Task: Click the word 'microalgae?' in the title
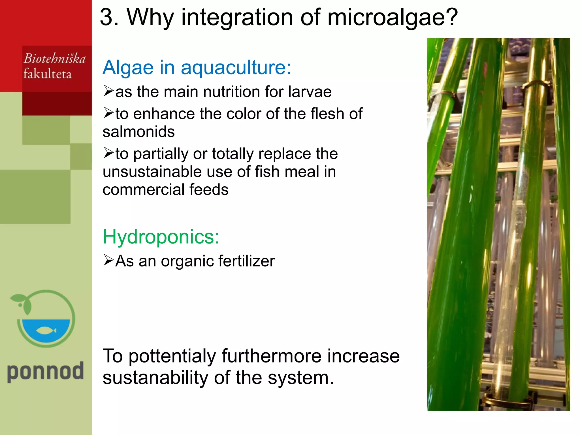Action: click(393, 18)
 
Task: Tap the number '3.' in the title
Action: click(109, 18)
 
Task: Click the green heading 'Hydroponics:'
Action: click(161, 237)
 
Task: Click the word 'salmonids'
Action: click(138, 132)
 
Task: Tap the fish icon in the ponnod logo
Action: click(46, 330)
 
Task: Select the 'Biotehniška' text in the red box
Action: click(54, 59)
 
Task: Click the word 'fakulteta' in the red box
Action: click(47, 74)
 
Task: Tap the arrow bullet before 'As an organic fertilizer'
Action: click(108, 260)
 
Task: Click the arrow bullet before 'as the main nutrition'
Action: click(108, 91)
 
